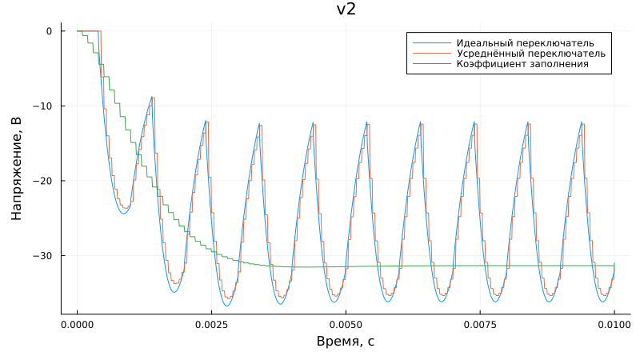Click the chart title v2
pyautogui.click(x=346, y=10)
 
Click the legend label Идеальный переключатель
pyautogui.click(x=525, y=42)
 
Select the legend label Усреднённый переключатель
pyautogui.click(x=530, y=53)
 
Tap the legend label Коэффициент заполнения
pyautogui.click(x=522, y=63)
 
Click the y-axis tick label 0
pyautogui.click(x=49, y=31)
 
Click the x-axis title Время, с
pyautogui.click(x=346, y=342)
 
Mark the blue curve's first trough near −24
pyautogui.click(x=123, y=213)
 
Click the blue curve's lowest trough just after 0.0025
pyautogui.click(x=227, y=306)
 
